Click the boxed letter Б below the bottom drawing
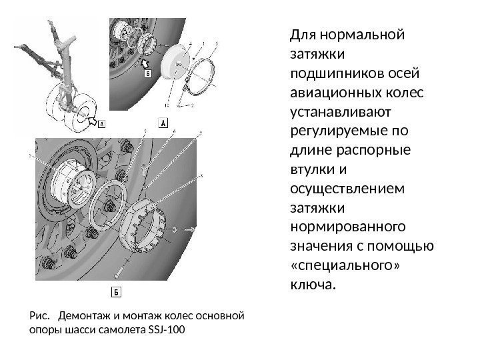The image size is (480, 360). point(115,292)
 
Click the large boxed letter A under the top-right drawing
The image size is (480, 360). point(163,121)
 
